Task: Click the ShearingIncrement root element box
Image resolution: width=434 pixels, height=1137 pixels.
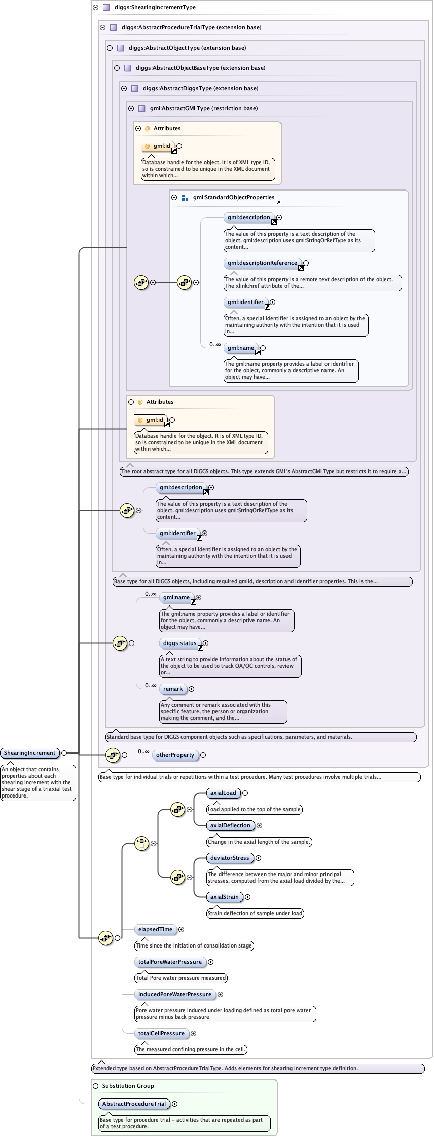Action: point(30,753)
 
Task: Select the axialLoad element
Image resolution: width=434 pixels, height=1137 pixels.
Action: point(223,793)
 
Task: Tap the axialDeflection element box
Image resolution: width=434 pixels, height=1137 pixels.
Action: point(230,825)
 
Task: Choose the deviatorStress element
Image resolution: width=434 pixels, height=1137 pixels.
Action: point(230,858)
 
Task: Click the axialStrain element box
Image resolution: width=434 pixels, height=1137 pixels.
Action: point(224,897)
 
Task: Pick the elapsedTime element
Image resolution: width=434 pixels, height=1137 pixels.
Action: point(155,929)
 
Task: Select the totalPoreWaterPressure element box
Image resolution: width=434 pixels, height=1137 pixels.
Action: point(170,962)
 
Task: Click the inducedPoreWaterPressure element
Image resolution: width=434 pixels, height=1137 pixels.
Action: point(174,994)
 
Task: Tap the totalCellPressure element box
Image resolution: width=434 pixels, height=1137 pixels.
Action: point(161,1033)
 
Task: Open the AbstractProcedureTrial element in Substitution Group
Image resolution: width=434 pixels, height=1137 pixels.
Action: point(134,1104)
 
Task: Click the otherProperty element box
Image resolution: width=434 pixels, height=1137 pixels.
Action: point(175,755)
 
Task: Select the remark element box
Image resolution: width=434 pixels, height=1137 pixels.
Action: point(173,689)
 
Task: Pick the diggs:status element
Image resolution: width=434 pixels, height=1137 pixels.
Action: point(179,643)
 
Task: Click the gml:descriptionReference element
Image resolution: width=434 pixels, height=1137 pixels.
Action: point(262,263)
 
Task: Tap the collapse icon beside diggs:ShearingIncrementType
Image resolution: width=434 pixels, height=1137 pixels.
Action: point(95,8)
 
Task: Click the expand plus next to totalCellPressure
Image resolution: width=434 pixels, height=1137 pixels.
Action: point(193,1033)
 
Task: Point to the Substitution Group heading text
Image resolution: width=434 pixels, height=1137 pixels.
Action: point(128,1086)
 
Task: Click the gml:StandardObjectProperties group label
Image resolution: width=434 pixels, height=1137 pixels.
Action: point(233,198)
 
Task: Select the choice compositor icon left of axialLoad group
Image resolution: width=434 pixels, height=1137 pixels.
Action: point(141,844)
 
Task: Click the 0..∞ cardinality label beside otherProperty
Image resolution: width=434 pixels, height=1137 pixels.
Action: point(143,751)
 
